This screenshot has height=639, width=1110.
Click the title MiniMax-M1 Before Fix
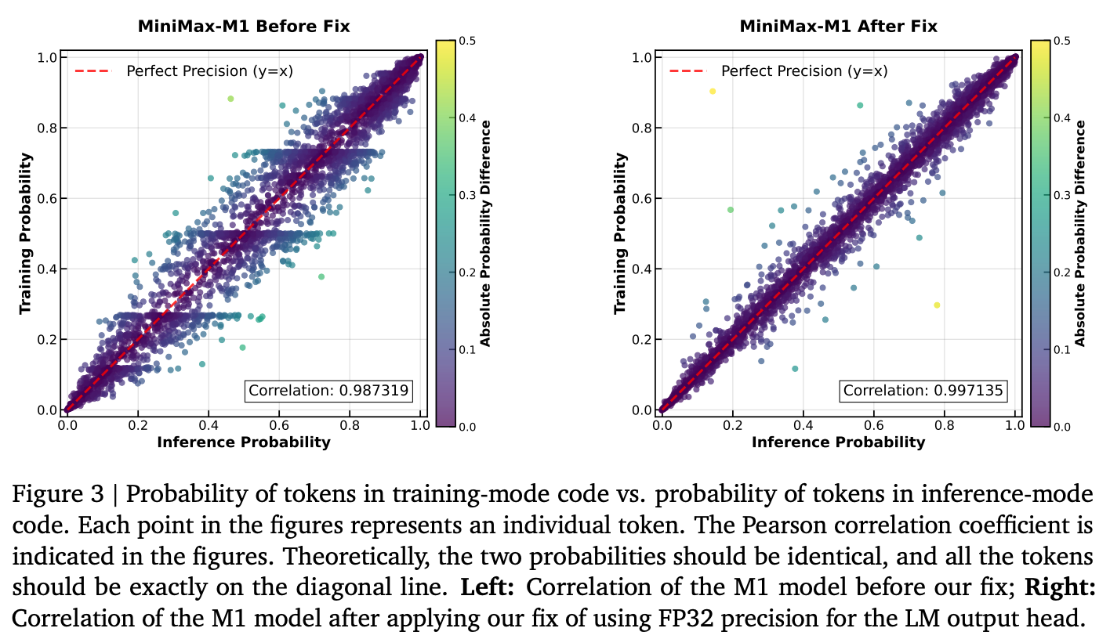(244, 27)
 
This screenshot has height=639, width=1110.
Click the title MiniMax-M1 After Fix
(838, 27)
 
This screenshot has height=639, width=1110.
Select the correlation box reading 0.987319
(328, 390)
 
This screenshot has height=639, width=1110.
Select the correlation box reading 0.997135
(923, 390)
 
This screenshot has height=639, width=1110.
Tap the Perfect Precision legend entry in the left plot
(183, 71)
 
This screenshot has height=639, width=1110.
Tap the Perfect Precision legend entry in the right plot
(778, 71)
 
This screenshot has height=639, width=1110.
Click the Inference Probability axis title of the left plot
(244, 442)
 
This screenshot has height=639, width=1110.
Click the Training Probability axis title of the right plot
(621, 233)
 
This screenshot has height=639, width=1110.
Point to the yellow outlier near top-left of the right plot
(713, 92)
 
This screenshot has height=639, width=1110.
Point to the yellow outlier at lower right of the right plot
(937, 305)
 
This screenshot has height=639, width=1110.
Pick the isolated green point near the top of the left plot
(230, 99)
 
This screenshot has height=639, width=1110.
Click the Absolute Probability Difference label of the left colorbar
(486, 233)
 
